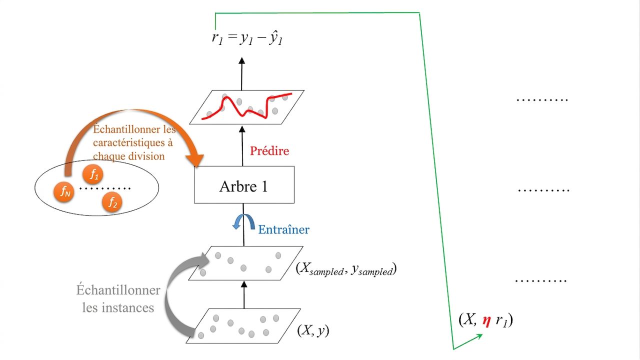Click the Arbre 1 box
[x=244, y=184]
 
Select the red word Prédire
[x=269, y=151]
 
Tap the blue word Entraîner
[x=283, y=229]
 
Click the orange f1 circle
[x=93, y=174]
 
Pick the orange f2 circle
[x=112, y=202]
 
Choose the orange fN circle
[x=64, y=191]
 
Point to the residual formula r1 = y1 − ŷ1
[x=247, y=38]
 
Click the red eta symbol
[x=487, y=321]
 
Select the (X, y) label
[x=313, y=330]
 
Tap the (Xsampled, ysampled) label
[x=346, y=269]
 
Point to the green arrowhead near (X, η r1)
[x=479, y=336]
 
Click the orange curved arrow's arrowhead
[x=195, y=160]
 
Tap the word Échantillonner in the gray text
[x=118, y=290]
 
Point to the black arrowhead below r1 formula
[x=241, y=60]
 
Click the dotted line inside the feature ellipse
[x=104, y=188]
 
